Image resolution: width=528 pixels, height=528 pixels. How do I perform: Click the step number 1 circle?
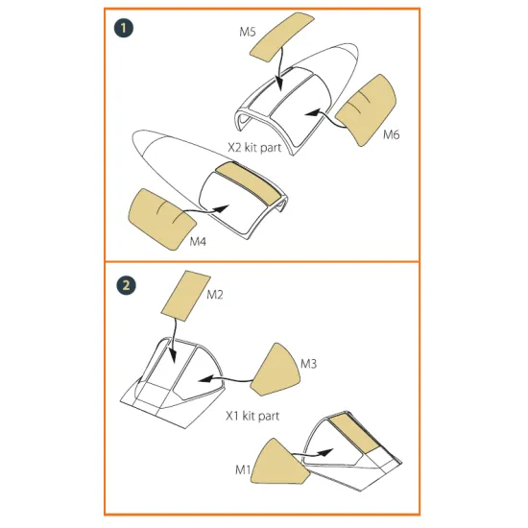(x=126, y=28)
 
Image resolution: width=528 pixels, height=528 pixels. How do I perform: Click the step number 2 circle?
(x=126, y=285)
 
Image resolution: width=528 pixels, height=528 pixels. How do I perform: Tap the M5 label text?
(x=248, y=32)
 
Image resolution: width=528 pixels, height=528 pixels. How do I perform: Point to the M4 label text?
(x=198, y=241)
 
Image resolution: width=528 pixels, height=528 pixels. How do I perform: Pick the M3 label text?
(x=308, y=364)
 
